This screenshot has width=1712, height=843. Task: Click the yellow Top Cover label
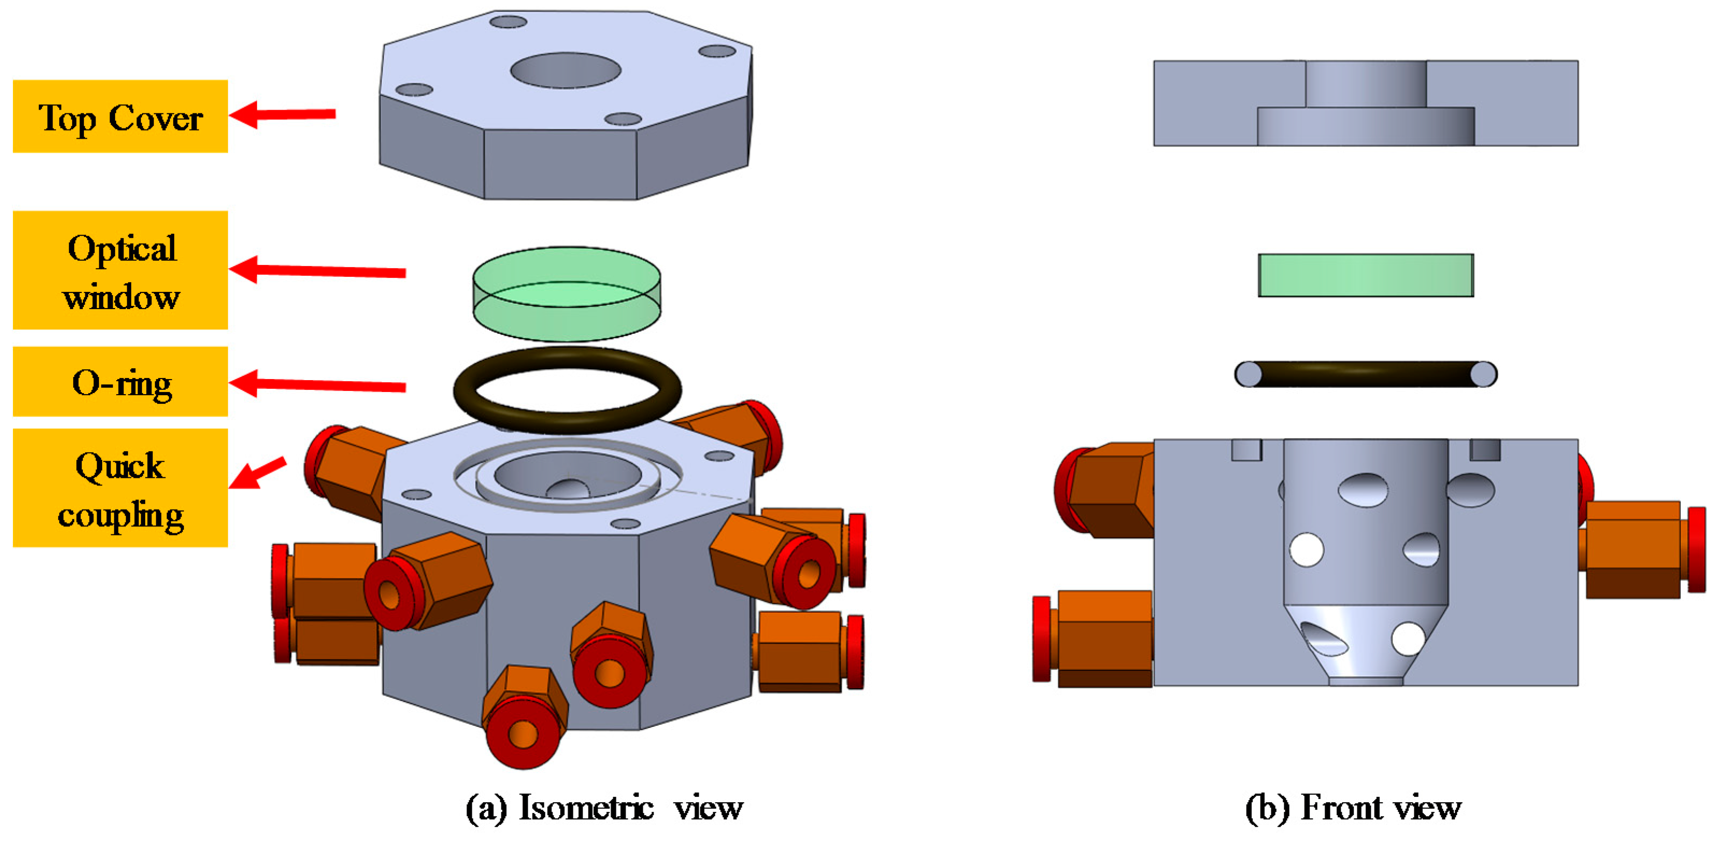[x=120, y=116]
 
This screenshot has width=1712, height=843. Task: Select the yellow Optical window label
[x=120, y=270]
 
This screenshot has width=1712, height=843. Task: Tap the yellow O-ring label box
[x=120, y=382]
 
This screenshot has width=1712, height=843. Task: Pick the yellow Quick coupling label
[x=120, y=488]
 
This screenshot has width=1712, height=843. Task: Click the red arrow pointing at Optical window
[x=318, y=270]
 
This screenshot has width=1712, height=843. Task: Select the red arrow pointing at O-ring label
[x=318, y=384]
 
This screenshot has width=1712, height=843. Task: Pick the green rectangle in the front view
[x=1366, y=275]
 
